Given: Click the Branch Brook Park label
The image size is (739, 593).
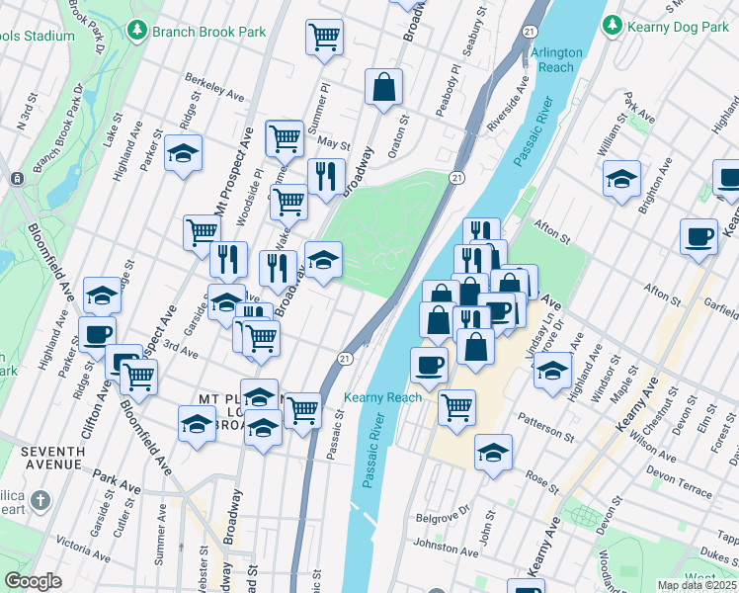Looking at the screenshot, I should click(208, 32).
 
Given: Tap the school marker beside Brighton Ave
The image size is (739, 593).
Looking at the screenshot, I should click(620, 180).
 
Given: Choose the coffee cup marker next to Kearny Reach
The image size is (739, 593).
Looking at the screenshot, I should click(429, 365).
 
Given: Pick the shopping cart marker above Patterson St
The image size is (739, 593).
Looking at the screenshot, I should click(456, 406).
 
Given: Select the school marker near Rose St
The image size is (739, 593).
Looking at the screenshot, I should click(493, 453).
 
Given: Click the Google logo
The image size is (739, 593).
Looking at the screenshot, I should click(33, 581).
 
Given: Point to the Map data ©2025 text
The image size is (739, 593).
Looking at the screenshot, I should click(698, 585).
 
